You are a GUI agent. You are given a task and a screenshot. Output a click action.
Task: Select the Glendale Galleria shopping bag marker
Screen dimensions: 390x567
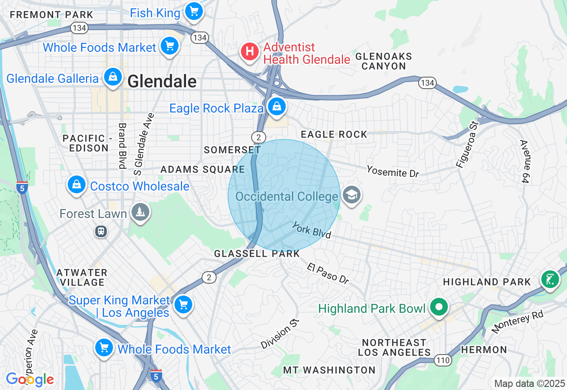(113, 77)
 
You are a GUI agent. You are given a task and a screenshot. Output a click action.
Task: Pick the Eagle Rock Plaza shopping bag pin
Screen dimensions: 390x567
(276, 107)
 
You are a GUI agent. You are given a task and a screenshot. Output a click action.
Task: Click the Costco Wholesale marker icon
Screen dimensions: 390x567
(76, 184)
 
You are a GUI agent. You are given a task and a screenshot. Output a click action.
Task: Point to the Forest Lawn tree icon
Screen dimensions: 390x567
(140, 213)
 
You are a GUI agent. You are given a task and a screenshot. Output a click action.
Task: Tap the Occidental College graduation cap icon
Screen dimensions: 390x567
(351, 195)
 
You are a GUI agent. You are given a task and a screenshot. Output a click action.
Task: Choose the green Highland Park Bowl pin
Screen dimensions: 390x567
(439, 307)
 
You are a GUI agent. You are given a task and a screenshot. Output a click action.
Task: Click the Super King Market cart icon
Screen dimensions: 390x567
(183, 305)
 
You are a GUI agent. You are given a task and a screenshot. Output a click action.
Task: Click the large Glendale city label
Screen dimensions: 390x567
(162, 82)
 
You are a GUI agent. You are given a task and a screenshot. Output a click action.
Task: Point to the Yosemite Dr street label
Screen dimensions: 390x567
(392, 171)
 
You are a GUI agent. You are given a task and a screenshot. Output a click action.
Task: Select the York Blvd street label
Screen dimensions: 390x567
(311, 230)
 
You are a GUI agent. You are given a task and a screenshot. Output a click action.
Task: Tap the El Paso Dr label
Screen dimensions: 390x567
(328, 272)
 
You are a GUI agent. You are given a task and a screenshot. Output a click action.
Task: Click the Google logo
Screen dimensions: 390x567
(30, 379)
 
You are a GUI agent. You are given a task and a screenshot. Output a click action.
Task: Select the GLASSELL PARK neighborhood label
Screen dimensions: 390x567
(257, 254)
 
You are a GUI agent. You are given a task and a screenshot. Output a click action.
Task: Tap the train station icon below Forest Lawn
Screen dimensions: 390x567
(101, 231)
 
